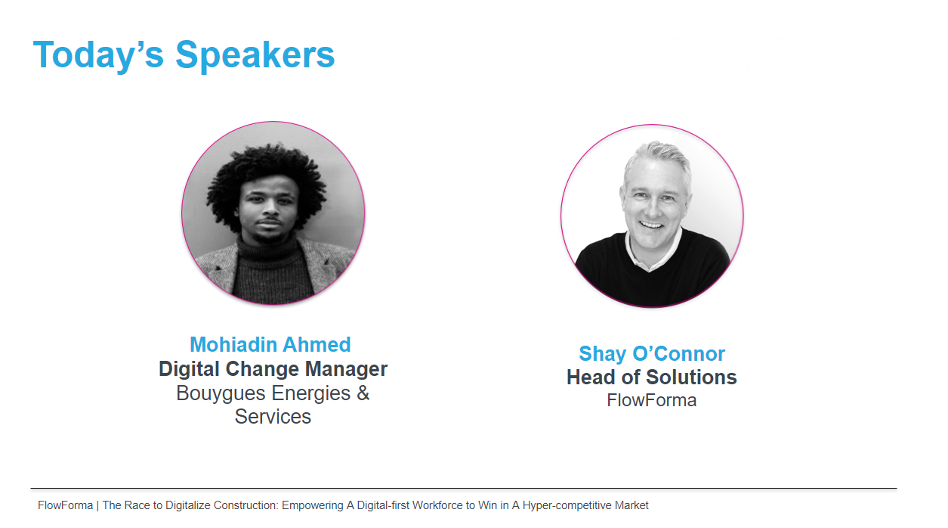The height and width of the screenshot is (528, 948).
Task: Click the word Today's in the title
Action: point(98,54)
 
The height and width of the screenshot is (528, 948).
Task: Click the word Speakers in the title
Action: point(255,54)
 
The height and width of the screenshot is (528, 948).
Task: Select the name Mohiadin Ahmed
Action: point(270,344)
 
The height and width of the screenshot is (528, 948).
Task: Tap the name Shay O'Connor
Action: point(652,353)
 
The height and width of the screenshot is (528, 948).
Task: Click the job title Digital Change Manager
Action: point(273,368)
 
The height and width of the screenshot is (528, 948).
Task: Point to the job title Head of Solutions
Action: point(652,377)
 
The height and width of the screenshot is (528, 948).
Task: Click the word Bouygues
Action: point(221,393)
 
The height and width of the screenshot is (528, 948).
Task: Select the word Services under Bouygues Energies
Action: point(273,417)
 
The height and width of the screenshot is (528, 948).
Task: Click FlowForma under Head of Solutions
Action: point(652,400)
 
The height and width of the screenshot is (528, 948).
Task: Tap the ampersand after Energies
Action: point(363,393)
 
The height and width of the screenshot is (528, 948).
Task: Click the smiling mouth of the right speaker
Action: point(651,224)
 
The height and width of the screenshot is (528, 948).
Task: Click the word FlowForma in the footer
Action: point(65,505)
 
